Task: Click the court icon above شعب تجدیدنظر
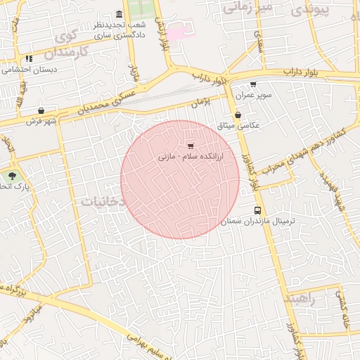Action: (x=118, y=15)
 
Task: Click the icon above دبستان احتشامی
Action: (x=29, y=59)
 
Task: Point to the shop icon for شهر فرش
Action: (x=41, y=110)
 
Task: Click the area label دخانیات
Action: (x=103, y=201)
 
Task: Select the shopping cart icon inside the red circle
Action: (x=191, y=146)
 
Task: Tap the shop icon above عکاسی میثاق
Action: (x=238, y=115)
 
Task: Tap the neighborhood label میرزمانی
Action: (x=247, y=8)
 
